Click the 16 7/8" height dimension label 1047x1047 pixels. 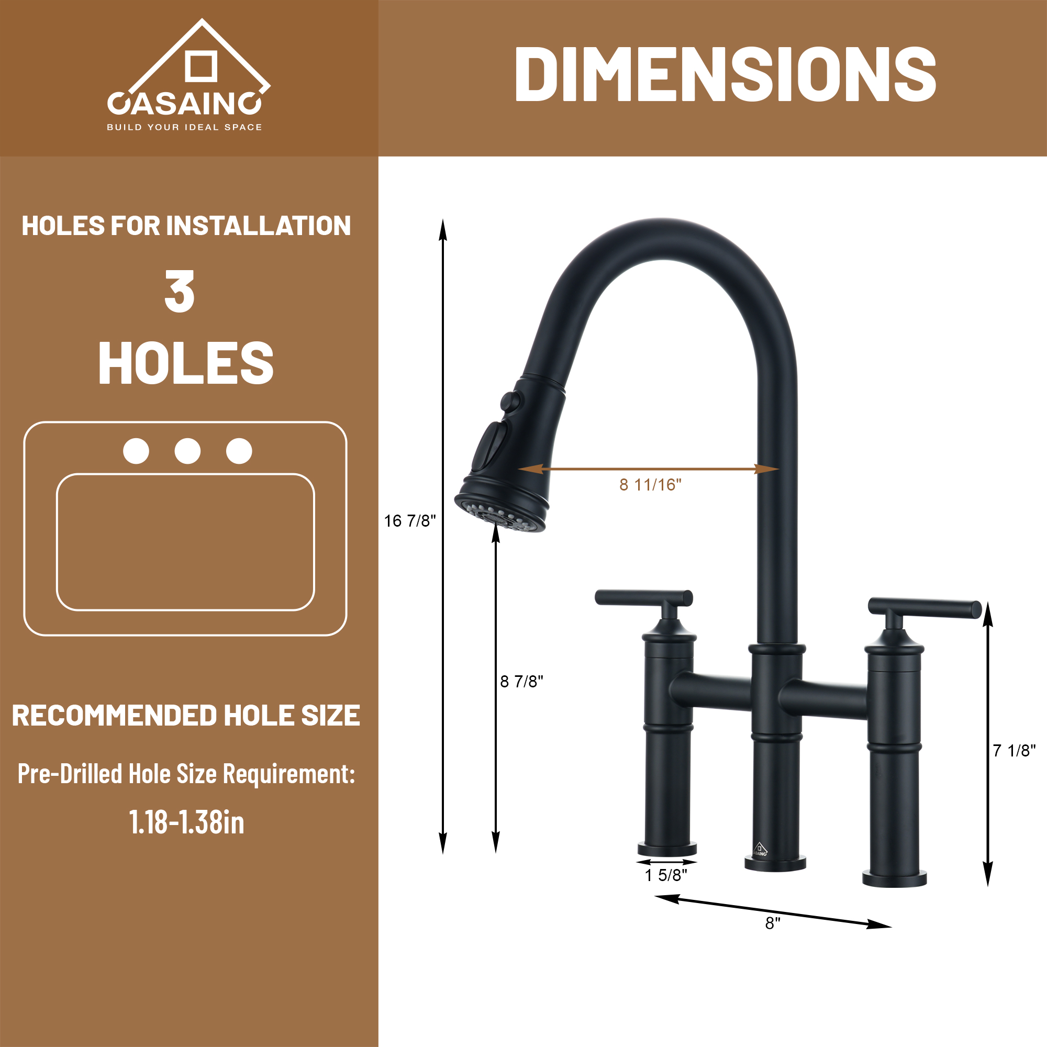pos(410,521)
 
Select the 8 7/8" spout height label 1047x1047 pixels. pos(521,681)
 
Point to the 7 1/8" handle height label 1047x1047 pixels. pos(1014,751)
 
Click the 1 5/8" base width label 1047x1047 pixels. pos(665,875)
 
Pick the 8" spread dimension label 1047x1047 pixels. pos(772,923)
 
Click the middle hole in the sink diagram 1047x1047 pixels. pos(187,451)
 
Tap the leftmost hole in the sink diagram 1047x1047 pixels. pos(136,451)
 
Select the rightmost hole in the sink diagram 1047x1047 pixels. pos(239,451)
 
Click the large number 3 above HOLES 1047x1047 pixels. pos(180,292)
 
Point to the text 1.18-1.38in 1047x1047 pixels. pos(186,822)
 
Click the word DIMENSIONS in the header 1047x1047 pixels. pos(725,74)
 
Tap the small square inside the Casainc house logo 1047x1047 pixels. pos(201,66)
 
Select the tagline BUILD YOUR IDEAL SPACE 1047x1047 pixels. pos(184,127)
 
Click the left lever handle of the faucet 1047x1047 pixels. pos(643,598)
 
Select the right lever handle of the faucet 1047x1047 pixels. pos(924,607)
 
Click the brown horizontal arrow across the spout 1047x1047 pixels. pos(649,469)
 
